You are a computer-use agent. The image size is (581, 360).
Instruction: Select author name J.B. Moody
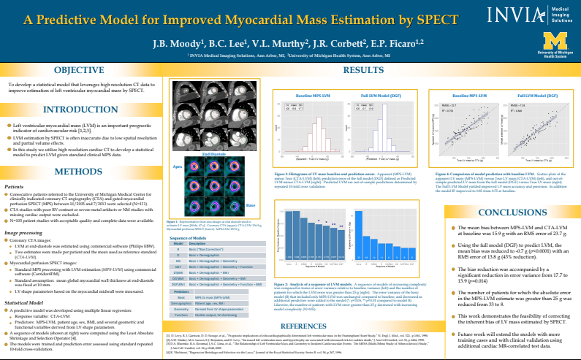point(173,44)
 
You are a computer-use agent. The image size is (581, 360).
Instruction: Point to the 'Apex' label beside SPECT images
point(178,166)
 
